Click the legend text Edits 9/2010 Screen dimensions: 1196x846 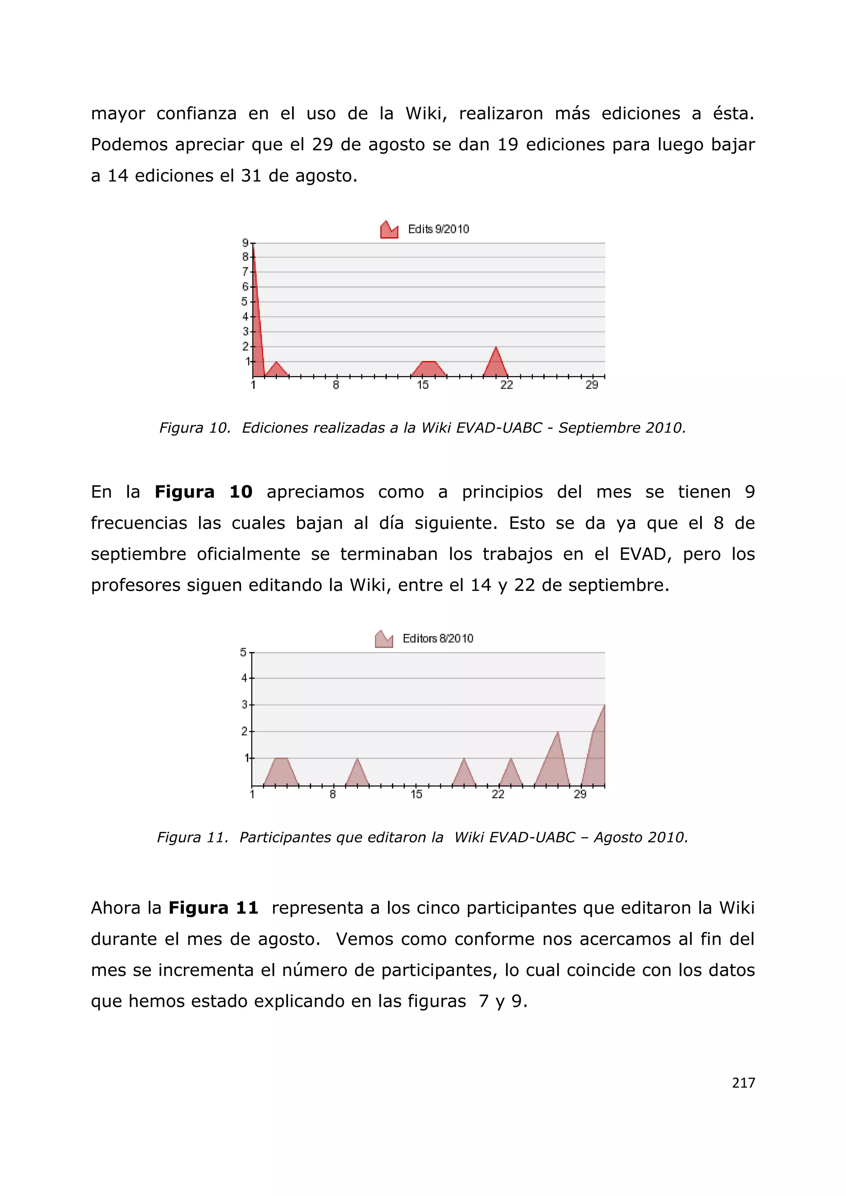pos(438,229)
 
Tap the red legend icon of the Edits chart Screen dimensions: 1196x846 pos(389,230)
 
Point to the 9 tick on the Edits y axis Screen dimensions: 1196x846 pos(245,243)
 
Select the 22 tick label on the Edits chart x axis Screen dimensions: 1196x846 pos(506,385)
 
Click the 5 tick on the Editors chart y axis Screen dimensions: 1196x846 pos(243,652)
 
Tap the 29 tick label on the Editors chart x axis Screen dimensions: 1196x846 pos(580,795)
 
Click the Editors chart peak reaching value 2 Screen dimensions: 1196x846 pos(557,733)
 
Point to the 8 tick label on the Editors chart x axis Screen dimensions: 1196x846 pos(333,795)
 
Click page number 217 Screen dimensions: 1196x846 pos(743,1083)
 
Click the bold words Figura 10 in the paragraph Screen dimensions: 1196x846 pos(203,492)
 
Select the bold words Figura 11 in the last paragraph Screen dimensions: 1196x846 pos(213,908)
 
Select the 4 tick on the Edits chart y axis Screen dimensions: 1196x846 pos(245,317)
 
